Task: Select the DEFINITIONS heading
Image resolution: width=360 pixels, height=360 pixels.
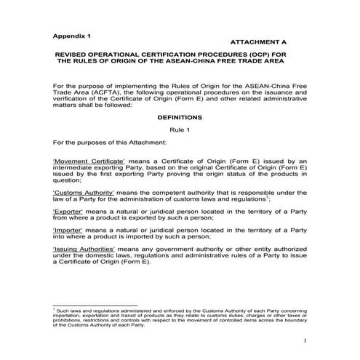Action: coord(180,116)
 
